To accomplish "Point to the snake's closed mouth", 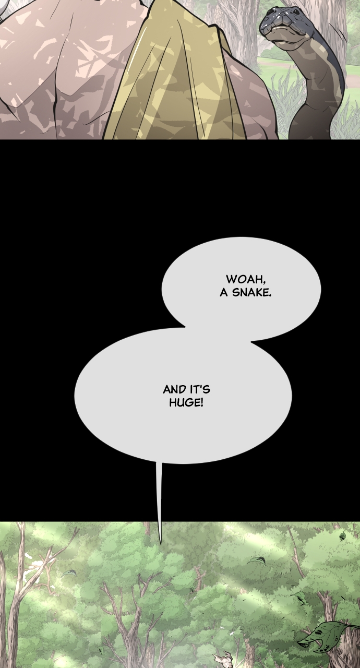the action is click(286, 29).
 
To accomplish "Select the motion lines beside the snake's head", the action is click(343, 34).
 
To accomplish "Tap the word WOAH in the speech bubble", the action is click(245, 279).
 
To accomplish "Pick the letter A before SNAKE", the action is click(224, 293).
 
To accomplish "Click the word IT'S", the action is click(199, 389).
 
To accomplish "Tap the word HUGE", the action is click(185, 402).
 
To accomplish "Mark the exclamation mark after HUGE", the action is click(202, 402).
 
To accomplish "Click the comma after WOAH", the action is click(264, 282).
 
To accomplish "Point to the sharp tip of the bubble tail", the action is click(160, 543).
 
